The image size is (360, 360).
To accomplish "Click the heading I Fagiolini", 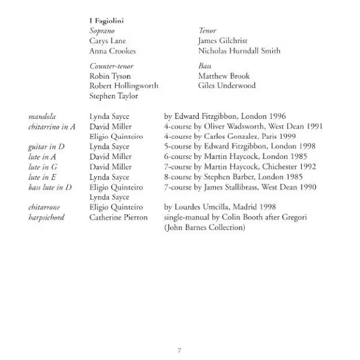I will (x=106, y=21).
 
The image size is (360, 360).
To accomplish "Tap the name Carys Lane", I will (x=107, y=41).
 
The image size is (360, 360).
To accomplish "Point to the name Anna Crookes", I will (x=112, y=51).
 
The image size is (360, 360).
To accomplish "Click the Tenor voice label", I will (x=207, y=31).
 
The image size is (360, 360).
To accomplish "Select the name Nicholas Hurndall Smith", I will (x=239, y=51).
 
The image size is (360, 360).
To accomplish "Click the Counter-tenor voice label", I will (x=112, y=66).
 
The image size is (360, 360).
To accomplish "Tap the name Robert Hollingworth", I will (x=124, y=86).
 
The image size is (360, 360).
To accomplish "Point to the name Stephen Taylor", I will (x=113, y=96).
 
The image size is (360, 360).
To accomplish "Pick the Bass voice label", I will (x=205, y=66).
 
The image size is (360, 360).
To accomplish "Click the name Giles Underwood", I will (x=226, y=86).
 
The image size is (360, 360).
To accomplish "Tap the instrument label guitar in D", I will (x=46, y=146).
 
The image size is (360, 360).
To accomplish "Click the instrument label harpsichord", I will (x=49, y=217).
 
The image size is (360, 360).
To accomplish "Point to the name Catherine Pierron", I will (x=118, y=217).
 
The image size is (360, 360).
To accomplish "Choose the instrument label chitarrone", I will (x=46, y=207).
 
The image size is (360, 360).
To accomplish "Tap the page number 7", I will (x=179, y=350).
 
